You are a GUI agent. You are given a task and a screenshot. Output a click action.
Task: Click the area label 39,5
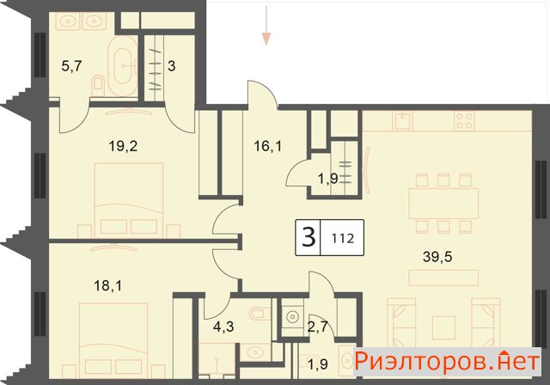coord(437,257)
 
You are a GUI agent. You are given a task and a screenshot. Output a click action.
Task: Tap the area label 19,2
coord(123,146)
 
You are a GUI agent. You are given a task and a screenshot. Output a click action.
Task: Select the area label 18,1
coord(107,286)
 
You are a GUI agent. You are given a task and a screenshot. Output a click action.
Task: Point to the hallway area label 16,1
coord(267,146)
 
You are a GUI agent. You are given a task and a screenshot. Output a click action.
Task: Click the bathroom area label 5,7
coord(71,66)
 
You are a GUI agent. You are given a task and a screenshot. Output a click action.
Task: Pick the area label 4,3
coord(223,327)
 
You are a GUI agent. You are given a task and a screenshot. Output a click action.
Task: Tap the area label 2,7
coord(317,327)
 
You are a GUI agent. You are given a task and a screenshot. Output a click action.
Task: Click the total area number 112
coord(342,239)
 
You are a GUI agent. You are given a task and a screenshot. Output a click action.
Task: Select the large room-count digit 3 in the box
coord(309,237)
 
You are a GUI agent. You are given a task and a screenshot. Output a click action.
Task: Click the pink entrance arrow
coord(266,26)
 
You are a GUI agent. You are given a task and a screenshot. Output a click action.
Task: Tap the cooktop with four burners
coord(464,120)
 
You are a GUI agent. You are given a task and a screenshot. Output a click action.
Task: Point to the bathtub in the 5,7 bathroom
coord(122,65)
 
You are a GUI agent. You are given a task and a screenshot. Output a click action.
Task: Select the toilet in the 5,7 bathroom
coord(98,84)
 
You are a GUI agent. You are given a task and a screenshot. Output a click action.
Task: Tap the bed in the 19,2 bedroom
coord(129,200)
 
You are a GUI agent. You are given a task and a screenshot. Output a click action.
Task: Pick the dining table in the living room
coord(443,204)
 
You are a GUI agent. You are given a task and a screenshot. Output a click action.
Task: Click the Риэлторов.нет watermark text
coord(446,361)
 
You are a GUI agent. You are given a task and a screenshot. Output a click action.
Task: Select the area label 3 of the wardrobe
coord(171,66)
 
